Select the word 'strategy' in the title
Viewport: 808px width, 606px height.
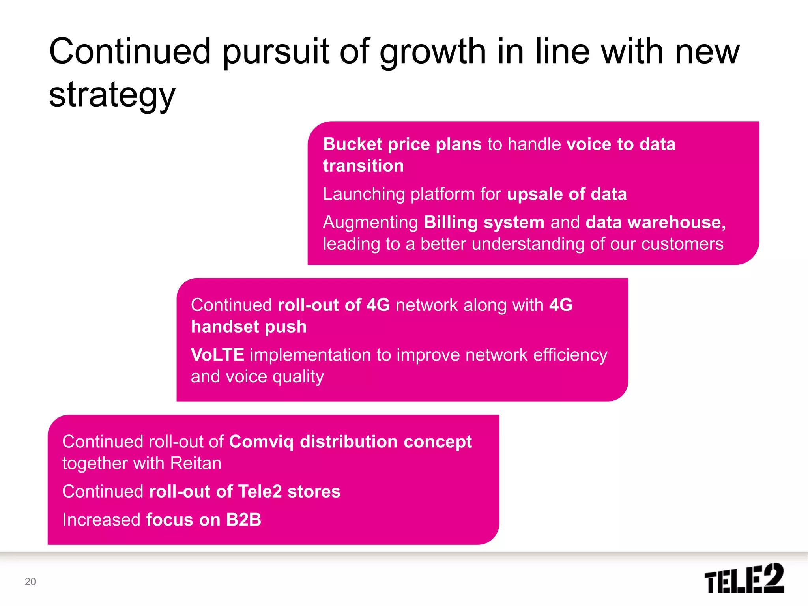(x=112, y=96)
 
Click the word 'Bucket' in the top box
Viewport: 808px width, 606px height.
(x=352, y=144)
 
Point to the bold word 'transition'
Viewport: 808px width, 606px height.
(x=363, y=166)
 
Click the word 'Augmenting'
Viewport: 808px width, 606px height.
(x=370, y=223)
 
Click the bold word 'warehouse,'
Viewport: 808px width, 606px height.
(x=677, y=223)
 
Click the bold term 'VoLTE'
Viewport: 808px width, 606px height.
(x=217, y=355)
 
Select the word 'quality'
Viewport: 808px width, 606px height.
(x=298, y=377)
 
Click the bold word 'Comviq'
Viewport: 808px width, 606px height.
(x=261, y=442)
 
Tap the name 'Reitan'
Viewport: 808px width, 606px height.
(x=196, y=463)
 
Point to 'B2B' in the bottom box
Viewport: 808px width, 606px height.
(x=243, y=520)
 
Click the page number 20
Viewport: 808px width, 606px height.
(x=30, y=582)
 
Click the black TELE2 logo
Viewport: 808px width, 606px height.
(x=744, y=578)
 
